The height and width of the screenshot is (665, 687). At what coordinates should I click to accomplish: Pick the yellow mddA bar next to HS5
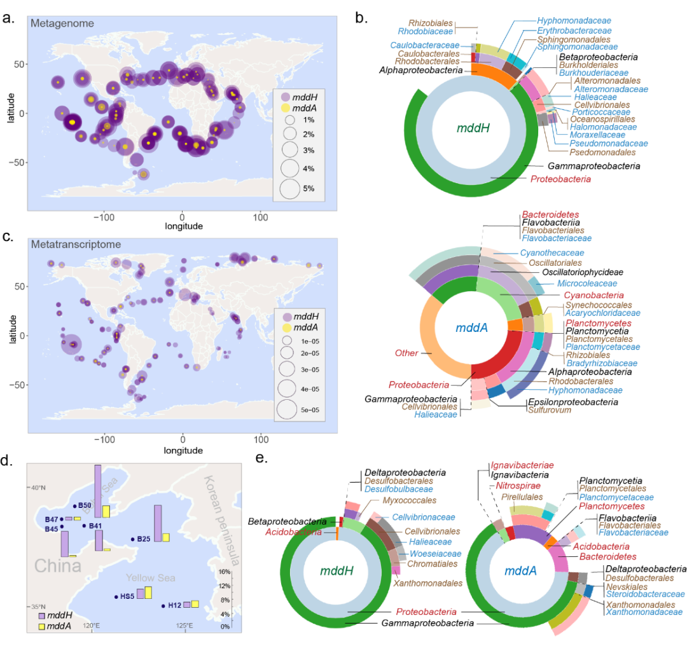(x=148, y=593)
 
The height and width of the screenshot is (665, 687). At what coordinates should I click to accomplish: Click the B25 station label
(x=143, y=539)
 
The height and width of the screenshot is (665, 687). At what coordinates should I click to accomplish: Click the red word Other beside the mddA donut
(x=406, y=353)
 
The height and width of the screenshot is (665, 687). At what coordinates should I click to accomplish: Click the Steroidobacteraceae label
(x=643, y=594)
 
